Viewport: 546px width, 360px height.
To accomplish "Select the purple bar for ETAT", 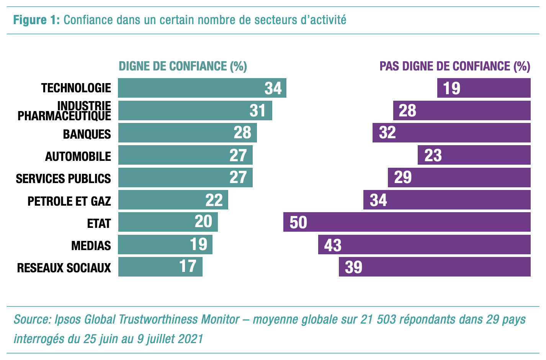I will pos(407,222).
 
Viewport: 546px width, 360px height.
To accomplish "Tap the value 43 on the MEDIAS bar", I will pos(332,245).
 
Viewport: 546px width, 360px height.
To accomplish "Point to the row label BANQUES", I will pos(87,134).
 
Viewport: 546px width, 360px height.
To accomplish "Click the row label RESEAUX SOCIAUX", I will pos(64,268).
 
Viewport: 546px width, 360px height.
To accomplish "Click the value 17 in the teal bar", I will pos(188,267).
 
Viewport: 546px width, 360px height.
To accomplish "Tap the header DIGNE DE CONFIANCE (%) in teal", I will pos(183,66).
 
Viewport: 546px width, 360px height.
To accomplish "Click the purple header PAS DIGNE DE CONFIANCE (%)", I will pos(454,66).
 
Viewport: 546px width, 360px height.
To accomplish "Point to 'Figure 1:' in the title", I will pos(36,20).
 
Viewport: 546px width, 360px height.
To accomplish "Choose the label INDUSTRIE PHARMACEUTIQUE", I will pos(64,111).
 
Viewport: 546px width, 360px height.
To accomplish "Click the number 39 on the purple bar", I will pos(353,267).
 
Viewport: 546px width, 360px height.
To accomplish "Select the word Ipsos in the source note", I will pos(68,319).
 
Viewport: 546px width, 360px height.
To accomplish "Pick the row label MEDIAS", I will pos(91,245).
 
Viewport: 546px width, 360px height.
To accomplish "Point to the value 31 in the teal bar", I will pos(257,111).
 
